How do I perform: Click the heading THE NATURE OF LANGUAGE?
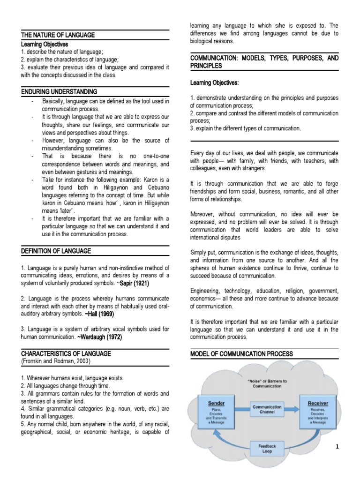(x=58, y=35)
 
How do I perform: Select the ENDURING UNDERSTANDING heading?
(x=59, y=91)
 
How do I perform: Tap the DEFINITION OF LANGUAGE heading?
(x=56, y=251)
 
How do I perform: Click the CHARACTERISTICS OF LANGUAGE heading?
(x=66, y=353)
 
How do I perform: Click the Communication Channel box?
(x=267, y=410)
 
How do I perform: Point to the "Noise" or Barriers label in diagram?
(x=267, y=383)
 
